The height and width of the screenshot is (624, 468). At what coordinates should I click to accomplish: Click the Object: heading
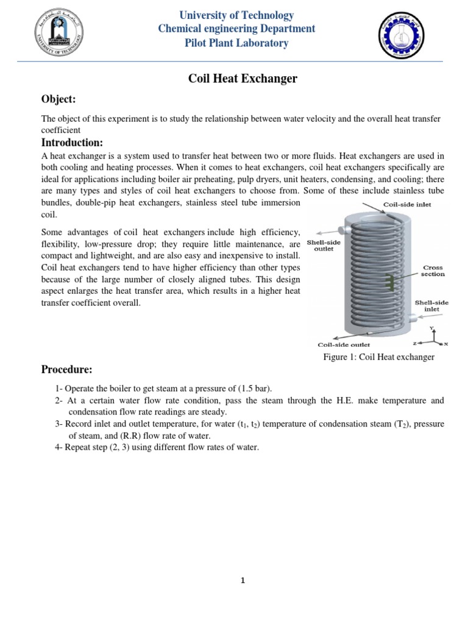click(x=58, y=99)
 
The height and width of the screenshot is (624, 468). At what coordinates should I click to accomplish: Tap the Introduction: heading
click(x=72, y=143)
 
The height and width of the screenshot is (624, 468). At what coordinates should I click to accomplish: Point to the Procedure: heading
click(x=66, y=369)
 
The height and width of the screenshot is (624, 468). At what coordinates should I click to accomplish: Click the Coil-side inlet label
click(x=407, y=205)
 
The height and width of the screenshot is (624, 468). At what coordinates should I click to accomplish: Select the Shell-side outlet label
click(x=324, y=245)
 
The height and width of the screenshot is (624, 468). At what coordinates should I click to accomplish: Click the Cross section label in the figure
click(x=433, y=271)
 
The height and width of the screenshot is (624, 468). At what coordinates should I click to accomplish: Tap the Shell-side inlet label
click(x=431, y=305)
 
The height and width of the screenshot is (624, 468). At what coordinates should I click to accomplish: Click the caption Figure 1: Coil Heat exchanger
click(x=378, y=357)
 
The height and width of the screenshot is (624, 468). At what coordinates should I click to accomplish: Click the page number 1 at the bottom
click(x=242, y=581)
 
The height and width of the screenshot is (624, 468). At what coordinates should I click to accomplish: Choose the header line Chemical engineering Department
click(x=236, y=29)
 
